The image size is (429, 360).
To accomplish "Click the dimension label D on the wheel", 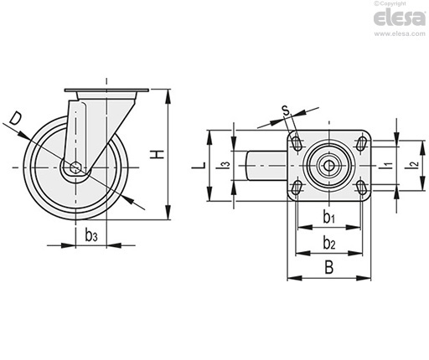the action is click(15, 118).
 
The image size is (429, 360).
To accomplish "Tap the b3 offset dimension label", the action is click(91, 236).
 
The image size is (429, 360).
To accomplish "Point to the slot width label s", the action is click(286, 111).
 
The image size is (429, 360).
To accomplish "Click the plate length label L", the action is click(199, 165).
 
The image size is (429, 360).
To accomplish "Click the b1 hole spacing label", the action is click(328, 217).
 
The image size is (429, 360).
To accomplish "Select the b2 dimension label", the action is click(329, 243).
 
